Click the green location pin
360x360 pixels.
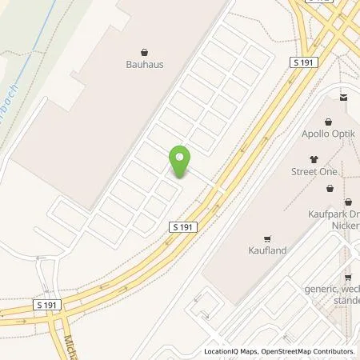[x=181, y=160]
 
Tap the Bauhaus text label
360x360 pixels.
[x=144, y=65]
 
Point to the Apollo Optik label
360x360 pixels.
[x=326, y=135]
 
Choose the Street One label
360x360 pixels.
[x=314, y=172]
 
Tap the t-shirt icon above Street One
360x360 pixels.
[x=314, y=158]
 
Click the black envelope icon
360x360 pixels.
[x=343, y=98]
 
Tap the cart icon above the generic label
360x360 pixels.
[x=347, y=277]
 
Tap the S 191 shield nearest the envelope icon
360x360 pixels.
[x=304, y=62]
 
